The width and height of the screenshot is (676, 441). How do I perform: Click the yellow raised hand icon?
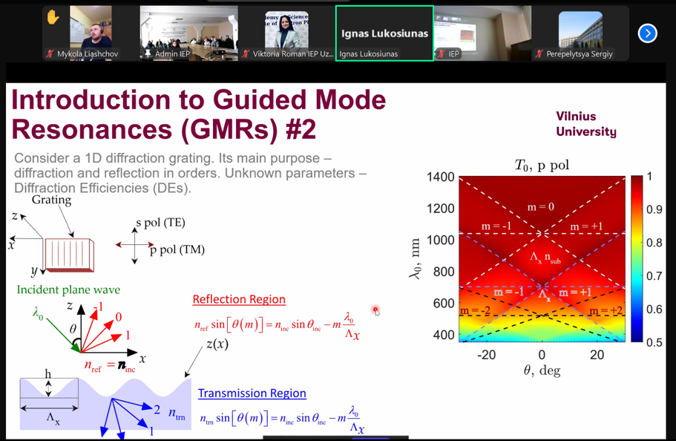53,18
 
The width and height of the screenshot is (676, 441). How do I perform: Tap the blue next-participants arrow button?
648,33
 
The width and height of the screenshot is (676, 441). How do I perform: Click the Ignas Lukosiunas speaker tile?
384,33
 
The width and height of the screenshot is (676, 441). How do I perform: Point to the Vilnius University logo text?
586,124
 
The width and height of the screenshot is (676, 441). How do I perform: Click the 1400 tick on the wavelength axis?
441,177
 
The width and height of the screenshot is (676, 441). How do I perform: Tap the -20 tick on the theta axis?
486,355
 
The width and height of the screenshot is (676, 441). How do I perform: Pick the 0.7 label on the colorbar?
654,275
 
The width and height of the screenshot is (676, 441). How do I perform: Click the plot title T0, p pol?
542,166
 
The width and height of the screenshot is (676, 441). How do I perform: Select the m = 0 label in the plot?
541,207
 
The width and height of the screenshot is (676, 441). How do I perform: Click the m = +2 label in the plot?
606,310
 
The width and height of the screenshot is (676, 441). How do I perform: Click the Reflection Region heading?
239,299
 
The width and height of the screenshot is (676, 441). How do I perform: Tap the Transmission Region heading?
252,393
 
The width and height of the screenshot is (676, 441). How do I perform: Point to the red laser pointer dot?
375,310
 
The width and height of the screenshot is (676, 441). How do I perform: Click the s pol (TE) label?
160,223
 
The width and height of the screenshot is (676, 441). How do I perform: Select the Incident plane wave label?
68,290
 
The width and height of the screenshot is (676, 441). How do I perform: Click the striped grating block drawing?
70,255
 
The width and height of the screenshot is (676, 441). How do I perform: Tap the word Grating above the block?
51,200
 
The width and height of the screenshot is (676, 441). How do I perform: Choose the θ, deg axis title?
542,370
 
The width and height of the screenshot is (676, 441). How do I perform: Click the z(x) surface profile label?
217,344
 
